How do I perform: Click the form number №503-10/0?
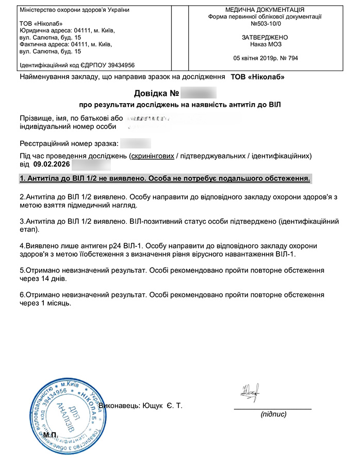click(x=265, y=24)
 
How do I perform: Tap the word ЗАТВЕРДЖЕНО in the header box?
click(x=265, y=38)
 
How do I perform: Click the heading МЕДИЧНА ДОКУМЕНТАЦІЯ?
click(x=265, y=10)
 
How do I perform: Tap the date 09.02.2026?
click(x=51, y=165)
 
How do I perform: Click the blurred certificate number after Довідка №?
click(x=199, y=94)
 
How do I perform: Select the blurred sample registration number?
click(x=136, y=143)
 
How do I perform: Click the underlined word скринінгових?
click(x=152, y=156)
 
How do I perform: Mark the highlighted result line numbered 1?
click(x=165, y=178)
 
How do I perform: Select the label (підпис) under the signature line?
click(x=273, y=414)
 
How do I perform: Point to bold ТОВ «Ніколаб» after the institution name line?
click(x=257, y=77)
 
